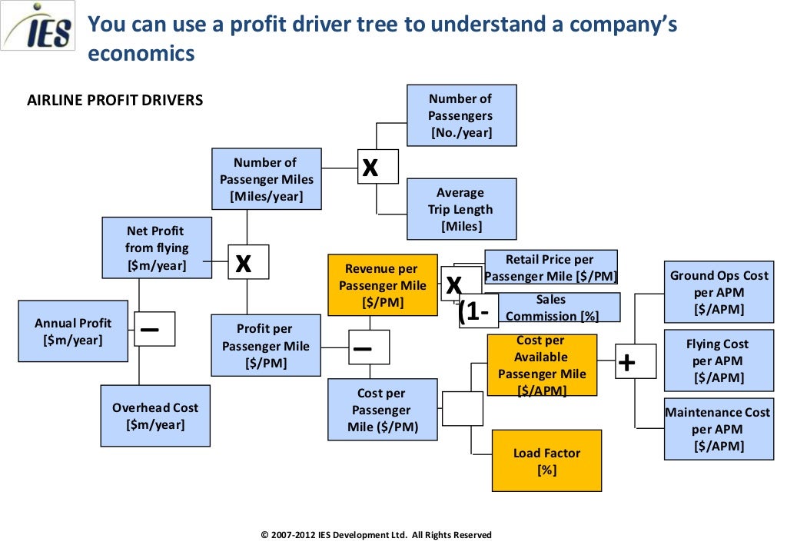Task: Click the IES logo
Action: [38, 27]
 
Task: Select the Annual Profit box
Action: [73, 331]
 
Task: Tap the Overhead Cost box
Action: [155, 416]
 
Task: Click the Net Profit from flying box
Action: [157, 248]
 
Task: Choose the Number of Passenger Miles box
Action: [266, 179]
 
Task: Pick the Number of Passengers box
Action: [461, 115]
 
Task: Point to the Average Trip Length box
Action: [461, 209]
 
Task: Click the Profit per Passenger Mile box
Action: [266, 345]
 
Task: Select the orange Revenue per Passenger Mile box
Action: [382, 285]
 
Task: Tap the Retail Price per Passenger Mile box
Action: [552, 268]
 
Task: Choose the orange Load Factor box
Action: [546, 460]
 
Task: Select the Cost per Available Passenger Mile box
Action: [542, 365]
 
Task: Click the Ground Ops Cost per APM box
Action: [719, 291]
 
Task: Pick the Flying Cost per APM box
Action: [719, 361]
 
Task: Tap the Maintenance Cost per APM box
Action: [719, 429]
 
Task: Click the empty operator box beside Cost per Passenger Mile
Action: [462, 408]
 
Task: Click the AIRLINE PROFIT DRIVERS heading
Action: [115, 100]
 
